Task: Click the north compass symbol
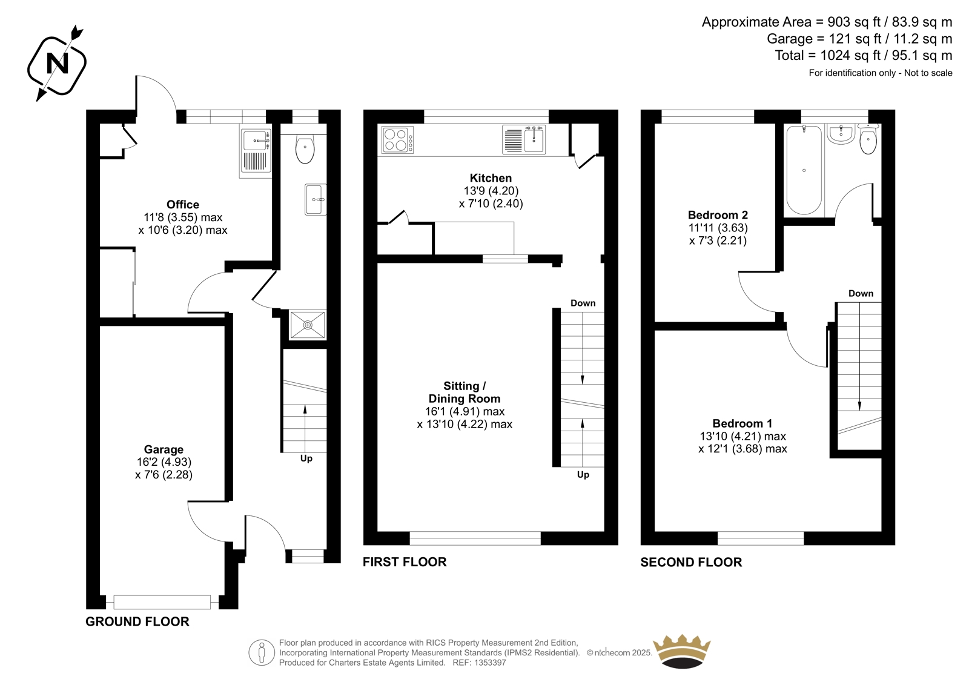click(x=57, y=64)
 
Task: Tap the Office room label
click(x=183, y=204)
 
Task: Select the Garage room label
click(x=164, y=449)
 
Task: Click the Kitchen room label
click(x=491, y=178)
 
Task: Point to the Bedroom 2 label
click(x=718, y=214)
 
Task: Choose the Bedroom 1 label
click(x=742, y=423)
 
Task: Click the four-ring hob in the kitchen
click(x=397, y=140)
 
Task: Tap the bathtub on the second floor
click(x=804, y=170)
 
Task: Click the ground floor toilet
click(x=305, y=149)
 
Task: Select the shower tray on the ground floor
click(x=308, y=325)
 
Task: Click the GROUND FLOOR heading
click(x=137, y=621)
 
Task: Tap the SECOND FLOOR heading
click(x=691, y=562)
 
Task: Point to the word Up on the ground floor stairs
click(x=306, y=458)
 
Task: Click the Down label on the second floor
click(x=861, y=293)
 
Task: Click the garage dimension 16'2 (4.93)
click(x=164, y=462)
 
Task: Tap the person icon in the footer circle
click(x=262, y=653)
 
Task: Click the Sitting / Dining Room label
click(x=464, y=392)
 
